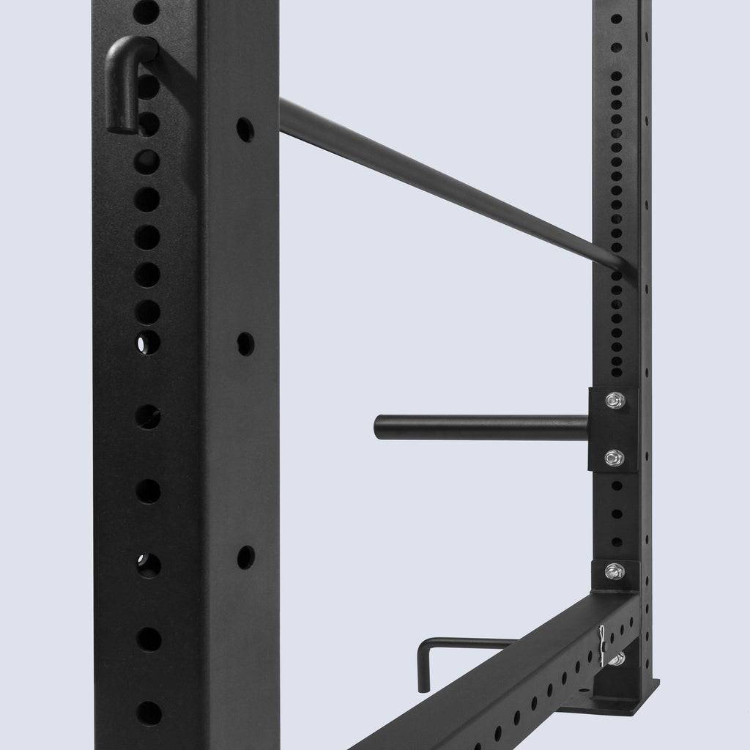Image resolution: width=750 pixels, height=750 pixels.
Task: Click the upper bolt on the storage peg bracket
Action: (615, 400)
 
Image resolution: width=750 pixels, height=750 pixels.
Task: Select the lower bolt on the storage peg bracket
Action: (614, 458)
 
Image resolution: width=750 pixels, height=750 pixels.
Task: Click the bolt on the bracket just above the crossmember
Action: (615, 571)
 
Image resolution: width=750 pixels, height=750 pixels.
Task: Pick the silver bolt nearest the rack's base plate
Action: (617, 658)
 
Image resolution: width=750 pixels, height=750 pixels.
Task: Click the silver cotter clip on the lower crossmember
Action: (601, 645)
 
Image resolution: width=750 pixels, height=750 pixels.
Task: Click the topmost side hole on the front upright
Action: (245, 130)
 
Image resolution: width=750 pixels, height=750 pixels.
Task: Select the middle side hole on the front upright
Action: (245, 344)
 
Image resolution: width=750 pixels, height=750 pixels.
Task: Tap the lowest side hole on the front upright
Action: (245, 557)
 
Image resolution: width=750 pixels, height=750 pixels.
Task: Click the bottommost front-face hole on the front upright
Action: (149, 713)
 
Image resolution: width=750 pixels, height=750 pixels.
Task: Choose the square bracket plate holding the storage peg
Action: (614, 429)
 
